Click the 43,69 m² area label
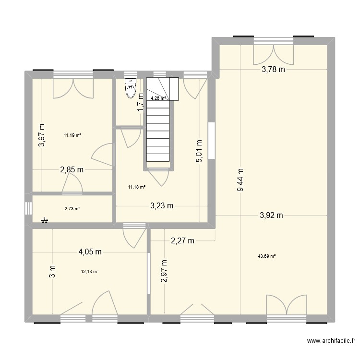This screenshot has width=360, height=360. click(x=267, y=256)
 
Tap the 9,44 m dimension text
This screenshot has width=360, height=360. click(x=240, y=180)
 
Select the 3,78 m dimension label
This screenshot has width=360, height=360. click(x=273, y=70)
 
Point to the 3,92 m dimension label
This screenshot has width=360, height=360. click(x=272, y=216)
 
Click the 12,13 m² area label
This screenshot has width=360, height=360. click(x=90, y=271)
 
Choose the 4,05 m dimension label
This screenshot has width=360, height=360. click(x=90, y=251)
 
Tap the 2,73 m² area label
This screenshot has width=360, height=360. click(x=72, y=208)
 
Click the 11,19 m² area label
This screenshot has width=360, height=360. click(x=72, y=135)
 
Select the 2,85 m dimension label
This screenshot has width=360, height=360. click(x=72, y=169)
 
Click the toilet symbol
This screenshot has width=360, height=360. click(x=130, y=89)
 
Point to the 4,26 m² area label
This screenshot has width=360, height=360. click(x=158, y=98)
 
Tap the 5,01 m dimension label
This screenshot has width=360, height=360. click(x=198, y=151)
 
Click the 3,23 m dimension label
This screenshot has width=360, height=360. click(x=162, y=206)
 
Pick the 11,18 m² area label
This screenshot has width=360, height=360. click(x=136, y=187)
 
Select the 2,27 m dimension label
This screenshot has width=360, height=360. click(x=182, y=241)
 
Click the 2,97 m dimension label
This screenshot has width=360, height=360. click(x=164, y=272)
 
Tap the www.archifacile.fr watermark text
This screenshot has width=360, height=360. click(x=331, y=341)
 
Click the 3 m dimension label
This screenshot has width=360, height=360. click(x=52, y=272)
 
